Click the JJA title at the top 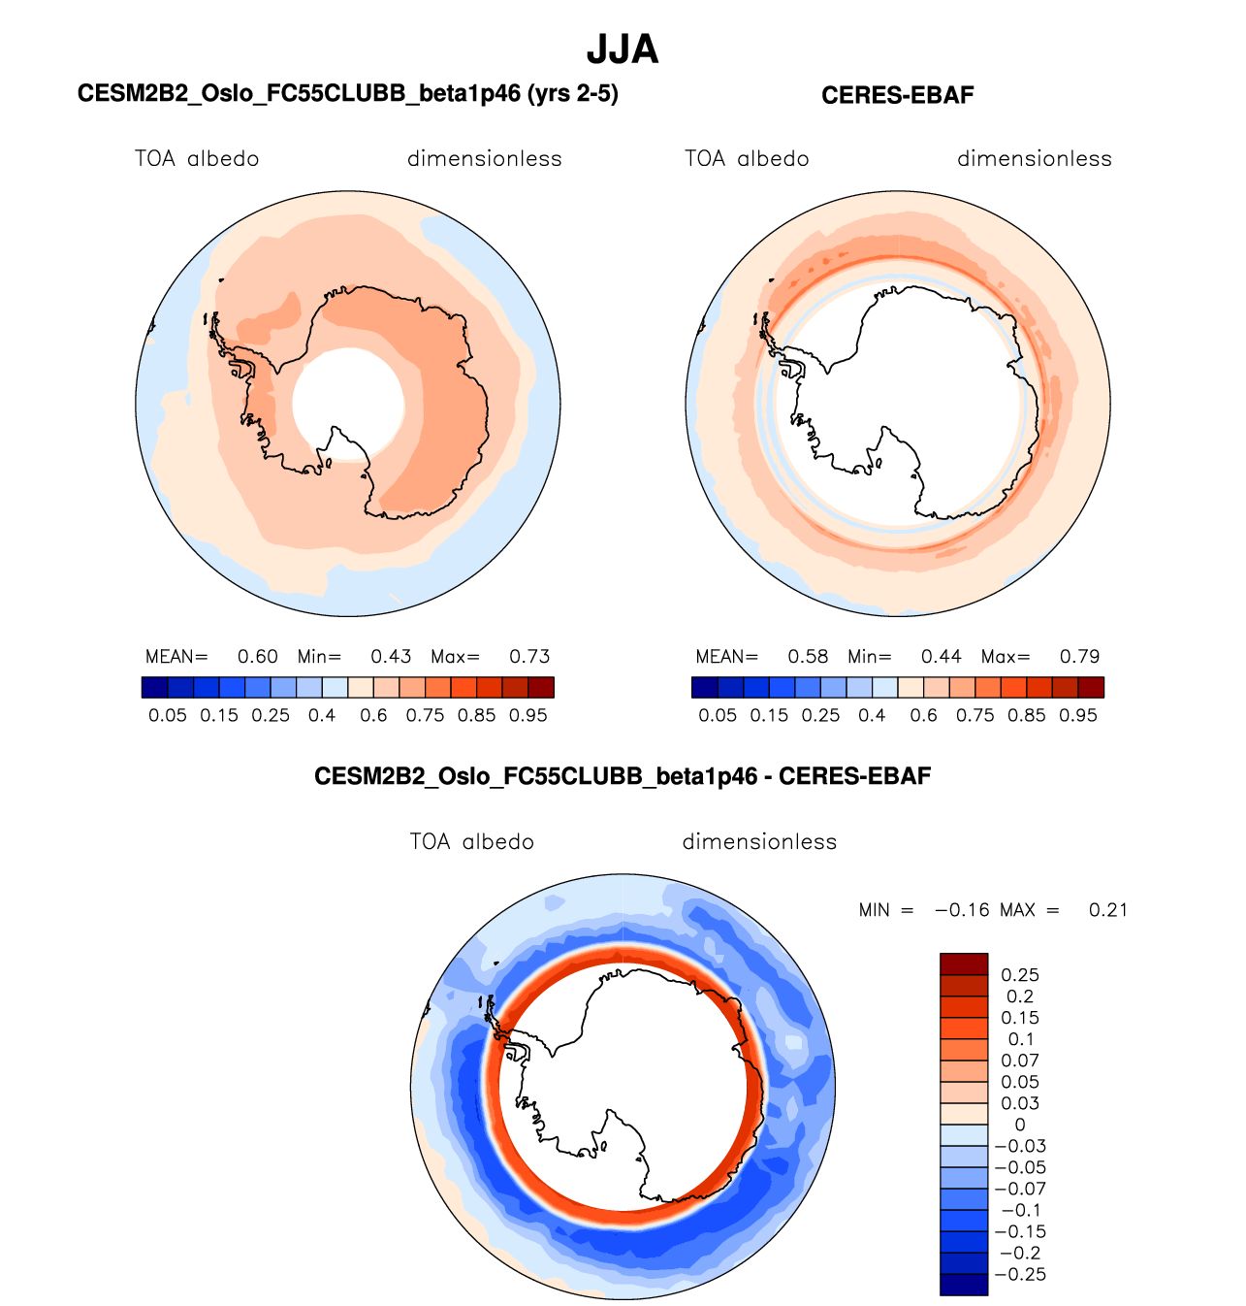pos(623,49)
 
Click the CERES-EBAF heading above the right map pos(897,95)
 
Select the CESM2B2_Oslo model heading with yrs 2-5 pos(347,93)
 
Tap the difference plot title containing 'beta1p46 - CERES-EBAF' pos(623,776)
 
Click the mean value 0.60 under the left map pos(258,657)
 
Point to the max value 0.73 pos(529,657)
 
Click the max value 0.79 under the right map pos(1079,657)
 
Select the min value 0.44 pos(941,657)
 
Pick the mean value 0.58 pos(808,657)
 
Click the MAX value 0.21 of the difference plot pos(1108,910)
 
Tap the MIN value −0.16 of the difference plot pos(962,910)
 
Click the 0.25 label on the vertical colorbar pos(1020,975)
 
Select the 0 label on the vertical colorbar pos(1019,1125)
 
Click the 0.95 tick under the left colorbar pos(528,715)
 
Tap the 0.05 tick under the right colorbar pos(718,715)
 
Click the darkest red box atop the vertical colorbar pos(964,963)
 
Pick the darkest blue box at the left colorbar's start pos(154,688)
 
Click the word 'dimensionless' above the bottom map pos(759,842)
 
